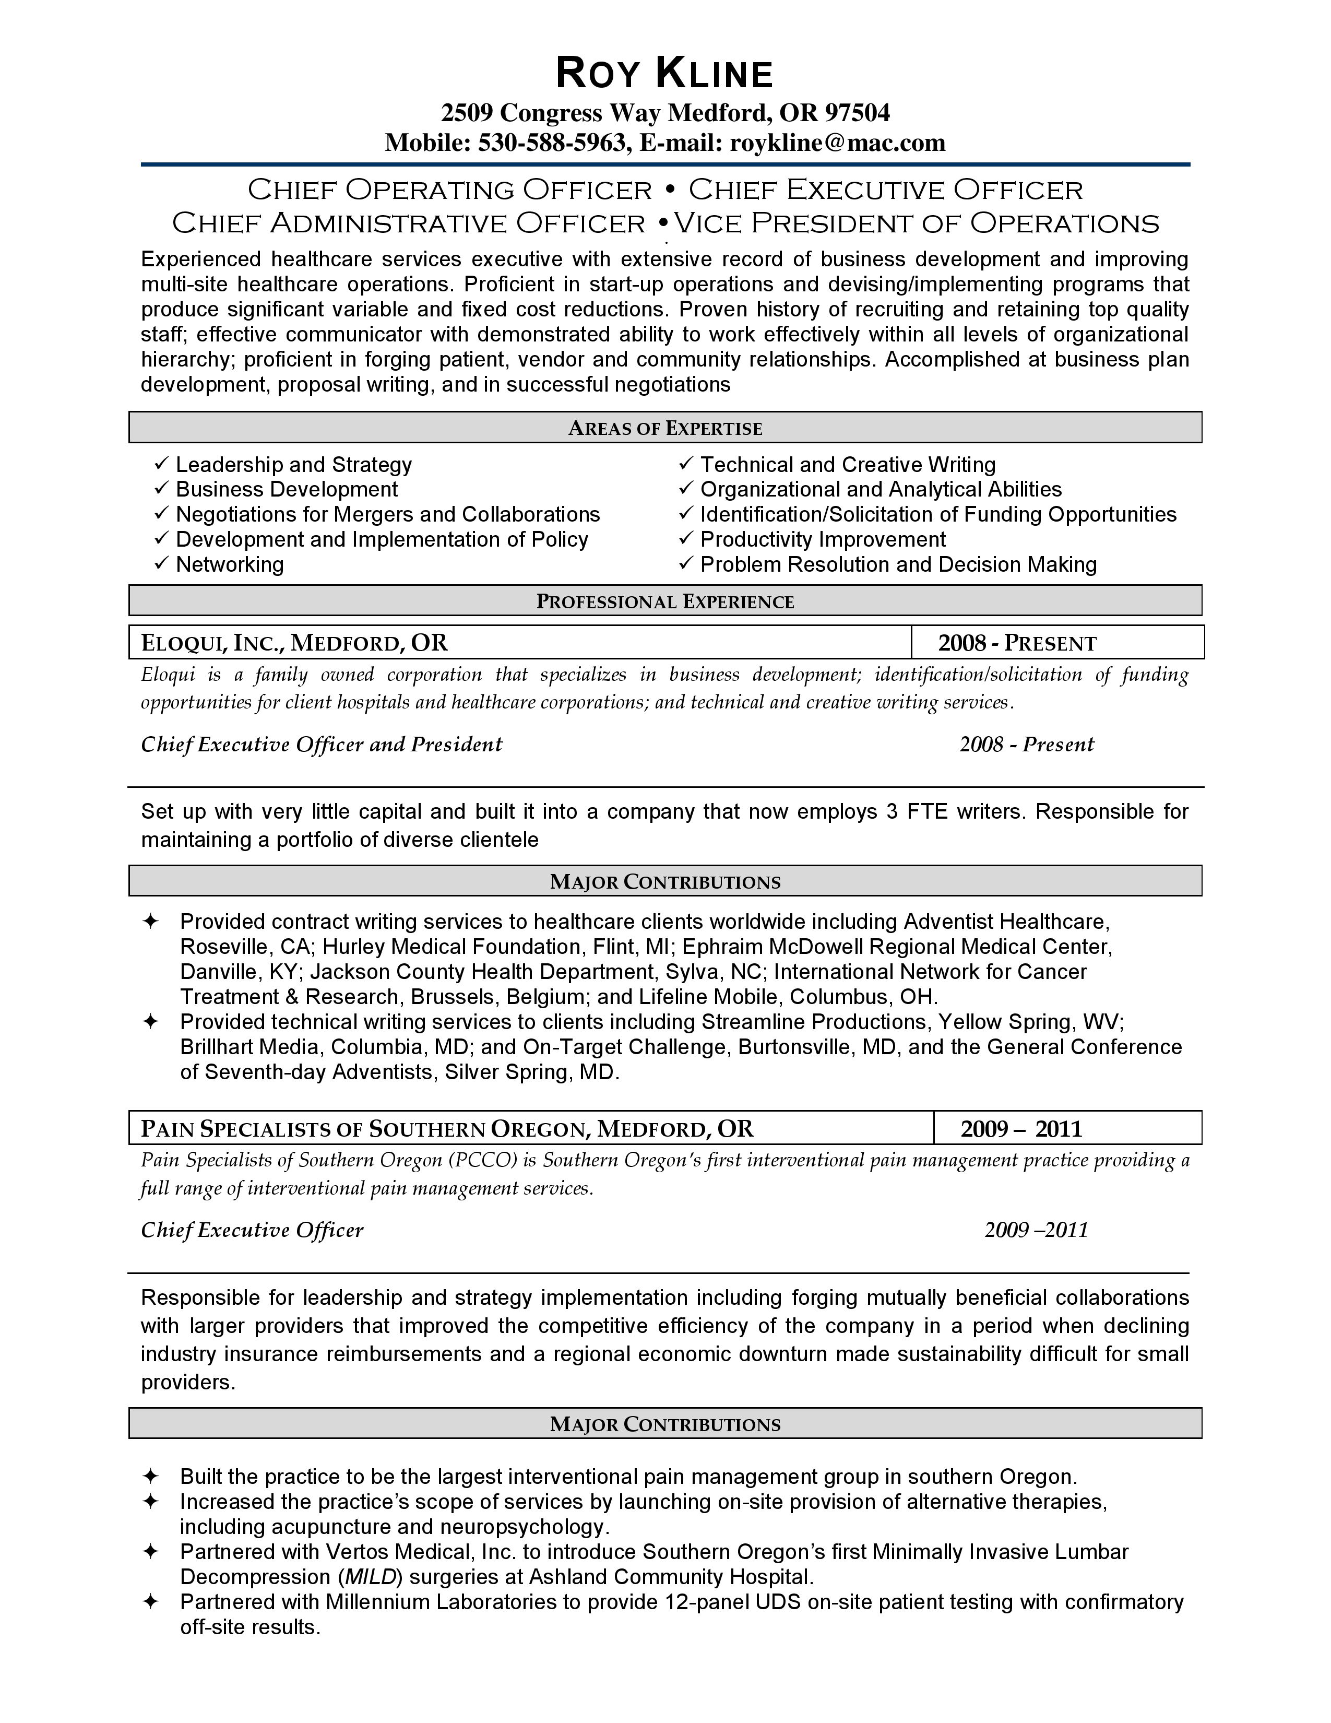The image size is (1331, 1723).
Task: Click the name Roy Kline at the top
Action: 664,74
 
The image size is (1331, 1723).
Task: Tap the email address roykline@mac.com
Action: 837,143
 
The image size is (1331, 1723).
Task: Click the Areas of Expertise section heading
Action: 664,428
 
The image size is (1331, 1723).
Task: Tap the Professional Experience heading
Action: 664,602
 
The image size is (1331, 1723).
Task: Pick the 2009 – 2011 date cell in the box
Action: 1021,1129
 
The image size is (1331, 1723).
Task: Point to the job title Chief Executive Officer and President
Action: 322,745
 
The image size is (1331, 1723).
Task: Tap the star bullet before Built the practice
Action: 150,1476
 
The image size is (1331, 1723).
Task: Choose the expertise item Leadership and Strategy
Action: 293,465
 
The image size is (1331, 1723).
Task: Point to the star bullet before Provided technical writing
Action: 150,1022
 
